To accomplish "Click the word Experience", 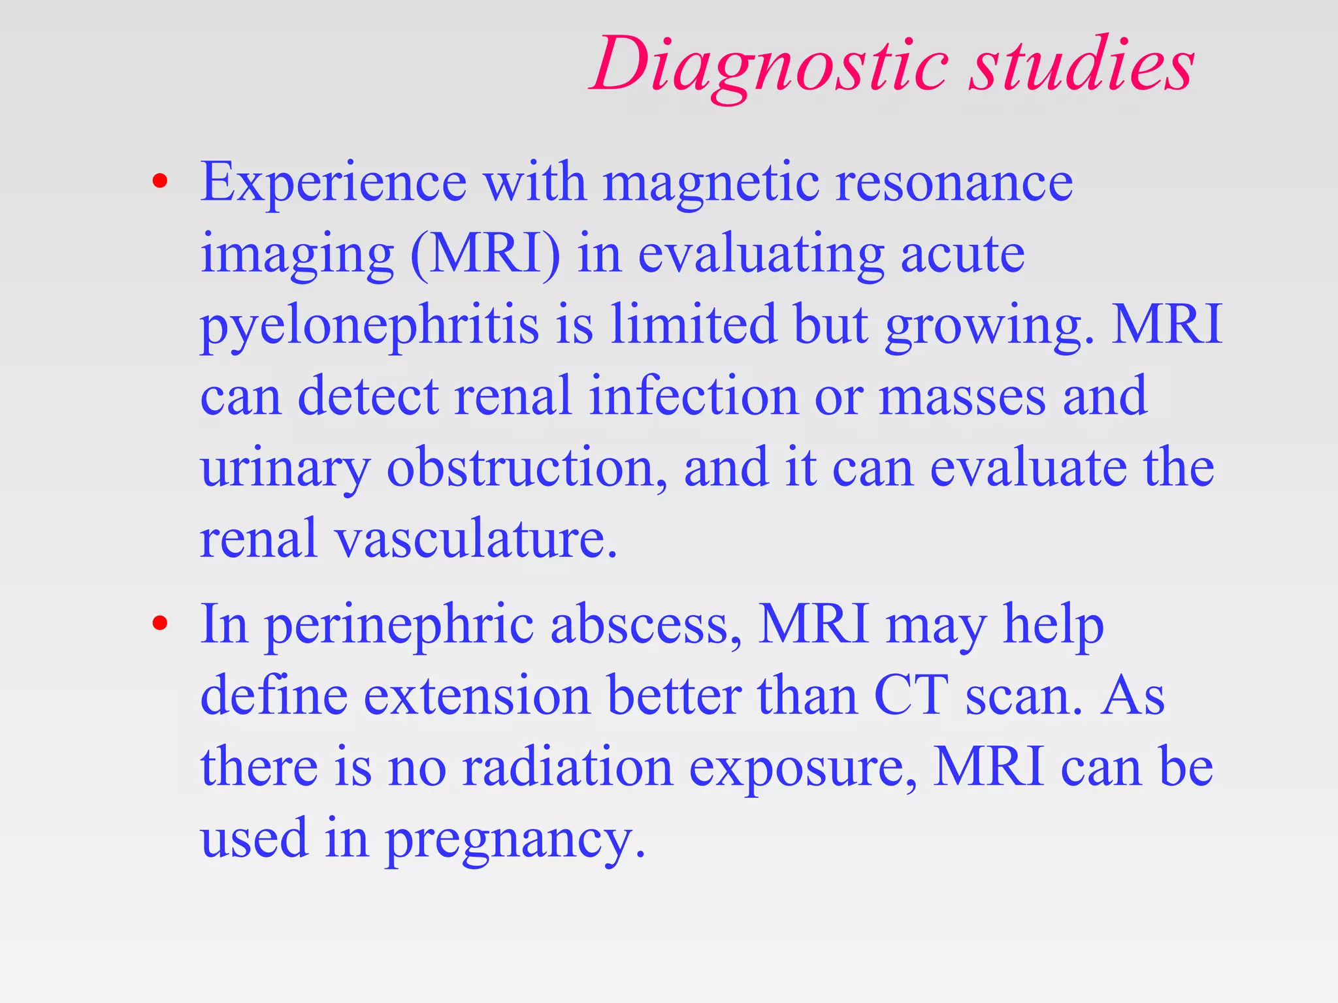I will (x=333, y=183).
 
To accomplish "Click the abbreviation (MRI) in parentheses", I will (x=485, y=255).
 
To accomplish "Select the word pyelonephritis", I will (x=369, y=326).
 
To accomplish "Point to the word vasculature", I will (x=476, y=539).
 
